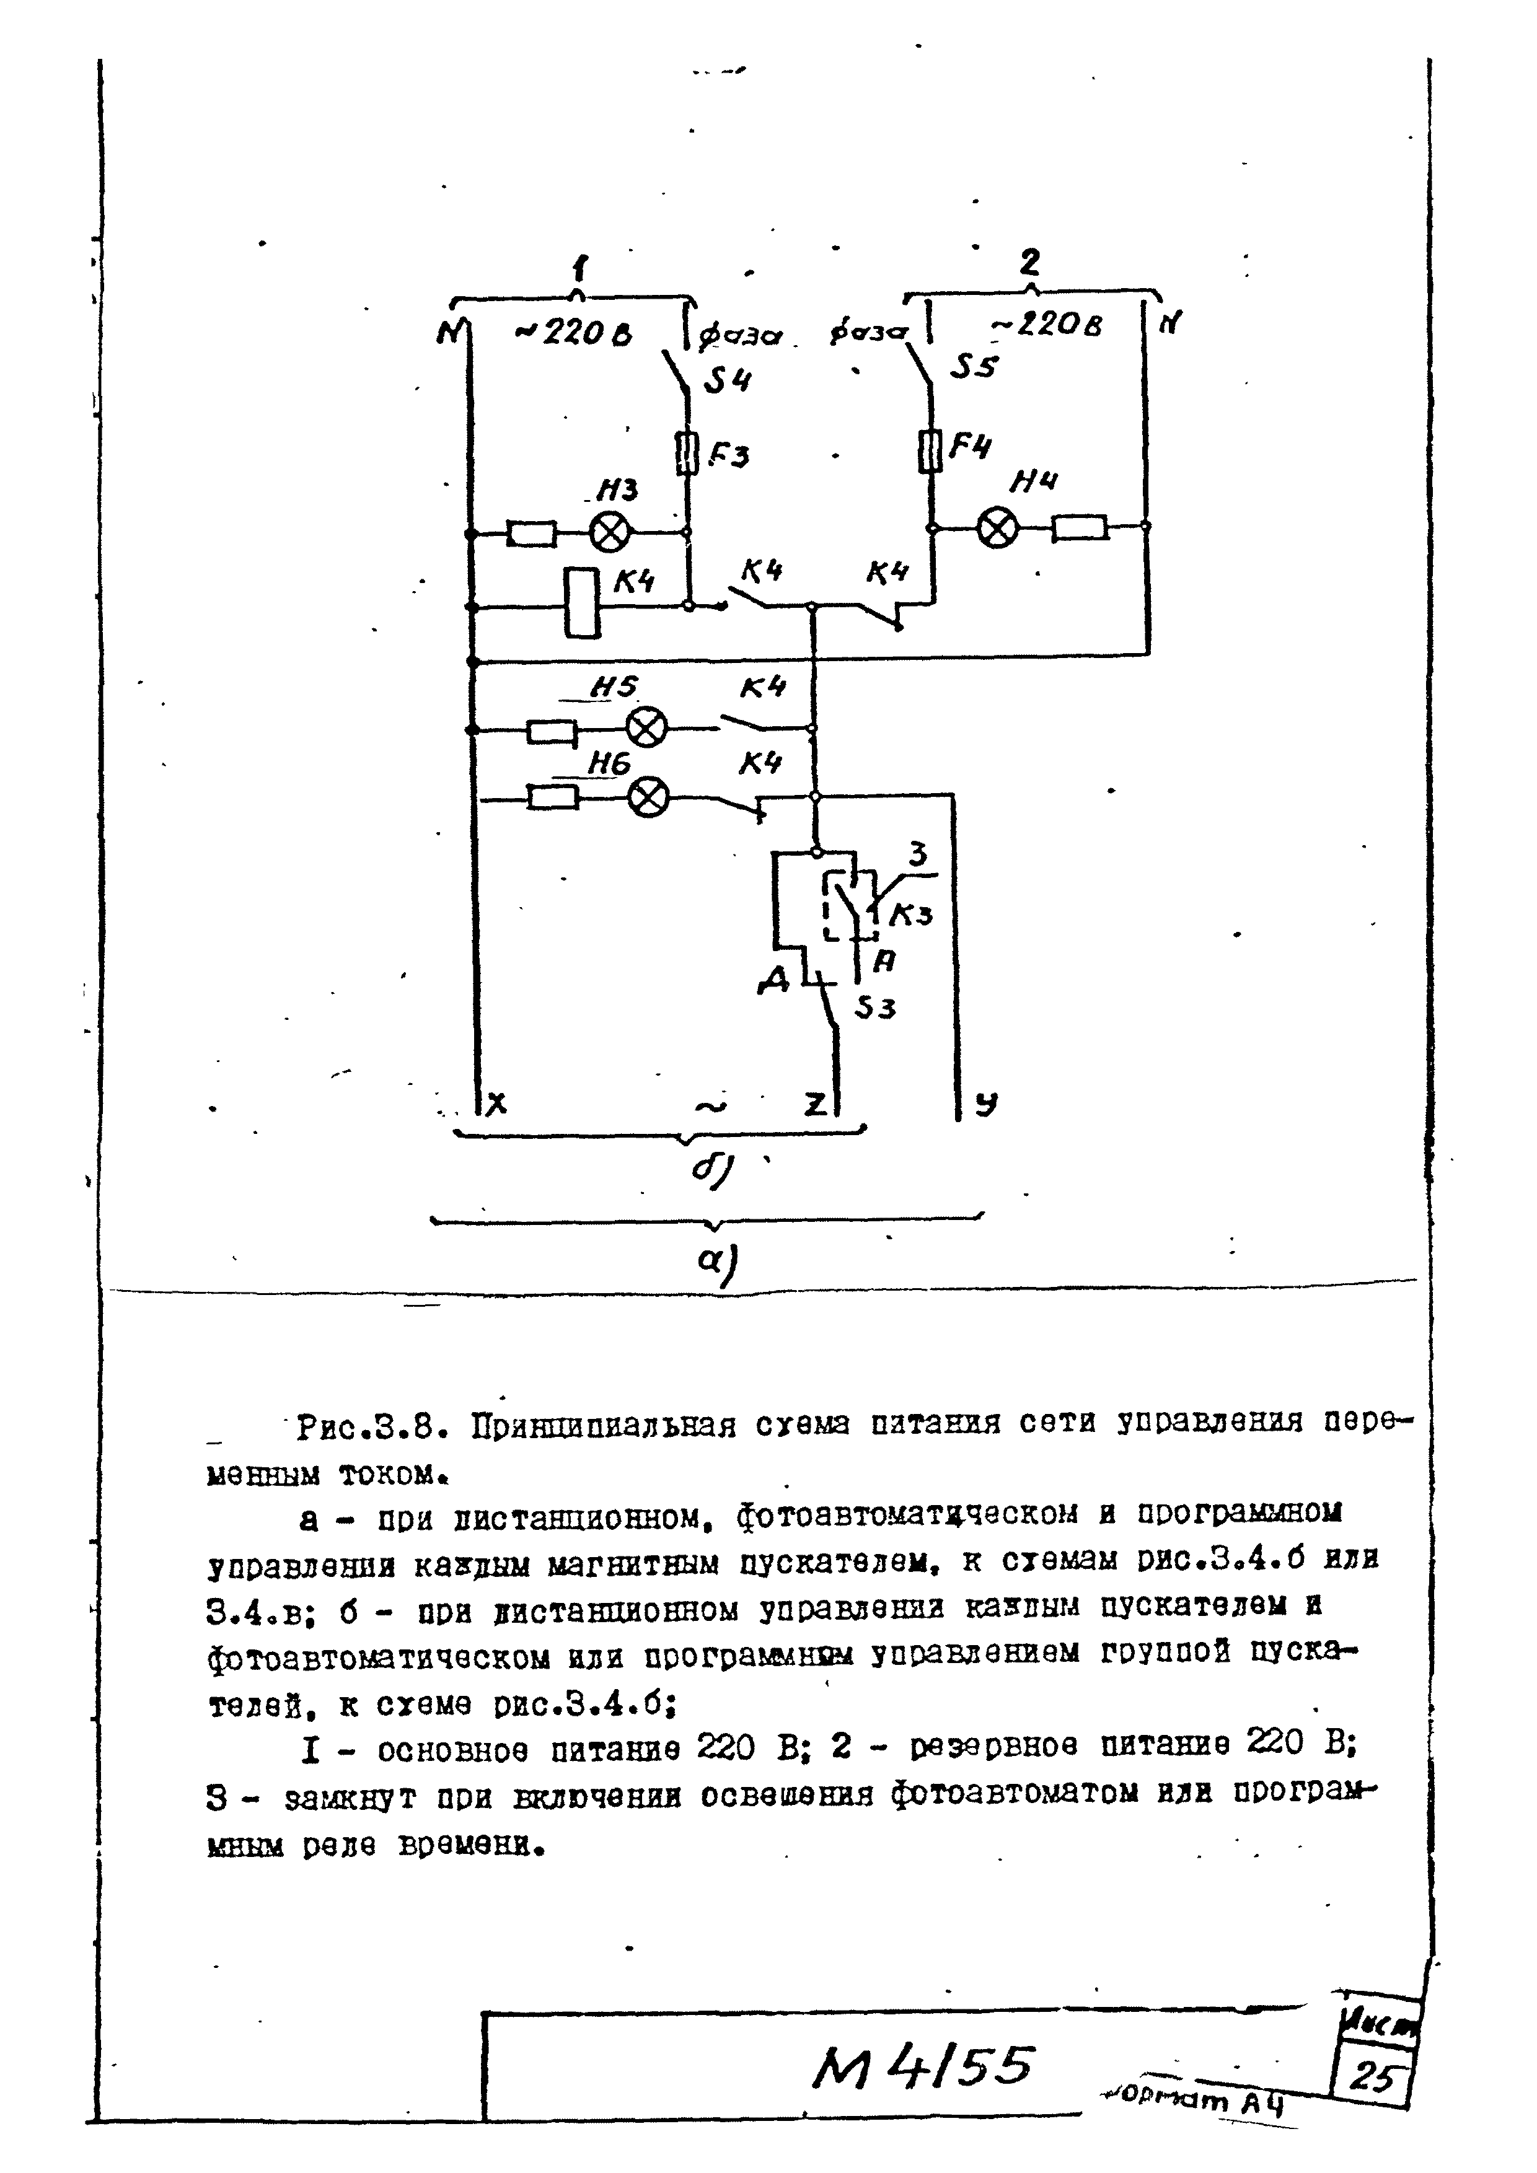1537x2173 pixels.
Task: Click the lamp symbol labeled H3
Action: point(609,533)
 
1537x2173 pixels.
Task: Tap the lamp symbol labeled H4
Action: point(997,528)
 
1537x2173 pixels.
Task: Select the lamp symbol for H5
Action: point(648,729)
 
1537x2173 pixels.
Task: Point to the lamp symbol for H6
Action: point(648,798)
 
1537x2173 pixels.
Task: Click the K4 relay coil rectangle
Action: point(582,603)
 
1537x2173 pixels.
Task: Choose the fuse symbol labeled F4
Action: point(931,450)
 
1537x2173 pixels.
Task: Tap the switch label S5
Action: point(975,366)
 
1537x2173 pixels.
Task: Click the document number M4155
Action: point(923,2068)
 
